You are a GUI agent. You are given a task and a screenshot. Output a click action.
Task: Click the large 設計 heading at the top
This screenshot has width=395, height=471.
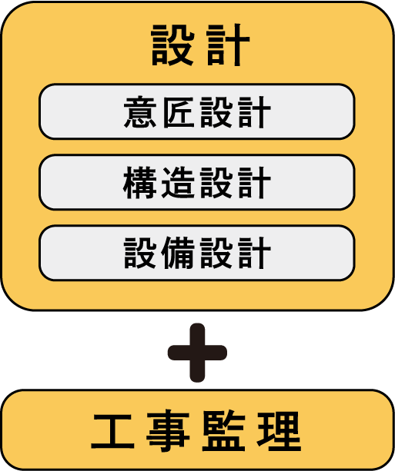tap(200, 45)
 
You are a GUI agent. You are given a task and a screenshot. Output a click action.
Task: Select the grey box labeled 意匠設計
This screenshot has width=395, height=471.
tap(197, 111)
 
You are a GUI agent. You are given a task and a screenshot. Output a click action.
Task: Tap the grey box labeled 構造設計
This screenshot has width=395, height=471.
tap(197, 182)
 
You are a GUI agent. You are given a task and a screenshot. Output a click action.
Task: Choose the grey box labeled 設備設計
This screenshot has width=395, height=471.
tap(197, 253)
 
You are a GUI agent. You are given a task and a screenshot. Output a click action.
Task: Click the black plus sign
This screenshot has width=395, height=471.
tap(197, 353)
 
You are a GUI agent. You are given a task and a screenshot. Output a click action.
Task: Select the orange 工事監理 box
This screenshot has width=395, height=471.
tap(197, 430)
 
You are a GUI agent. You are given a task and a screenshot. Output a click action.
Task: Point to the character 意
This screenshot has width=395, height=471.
tap(140, 112)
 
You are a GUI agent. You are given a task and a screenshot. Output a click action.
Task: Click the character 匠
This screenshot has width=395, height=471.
tap(178, 112)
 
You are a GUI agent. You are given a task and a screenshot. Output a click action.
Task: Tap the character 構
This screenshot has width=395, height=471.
tap(140, 183)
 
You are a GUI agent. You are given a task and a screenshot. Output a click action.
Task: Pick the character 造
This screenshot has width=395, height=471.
tap(178, 183)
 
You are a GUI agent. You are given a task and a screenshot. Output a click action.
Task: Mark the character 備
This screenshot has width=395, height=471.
tap(178, 254)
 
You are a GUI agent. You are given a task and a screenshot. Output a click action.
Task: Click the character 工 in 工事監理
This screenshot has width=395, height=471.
tap(113, 431)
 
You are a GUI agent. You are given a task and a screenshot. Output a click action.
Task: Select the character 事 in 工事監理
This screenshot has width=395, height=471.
tap(168, 431)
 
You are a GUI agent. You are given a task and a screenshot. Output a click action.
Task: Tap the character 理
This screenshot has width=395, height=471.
tap(279, 431)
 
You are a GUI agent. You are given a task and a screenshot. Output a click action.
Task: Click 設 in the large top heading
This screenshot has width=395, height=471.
tap(172, 45)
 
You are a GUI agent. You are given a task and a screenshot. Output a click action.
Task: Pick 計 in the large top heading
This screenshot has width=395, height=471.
tap(229, 45)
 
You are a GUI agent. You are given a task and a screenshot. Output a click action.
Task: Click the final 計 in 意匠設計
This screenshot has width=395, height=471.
tap(255, 112)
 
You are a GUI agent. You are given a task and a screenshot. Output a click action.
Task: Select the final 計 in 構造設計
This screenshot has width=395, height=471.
tap(255, 183)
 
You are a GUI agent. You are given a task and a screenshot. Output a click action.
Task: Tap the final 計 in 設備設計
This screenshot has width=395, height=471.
tap(255, 254)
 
